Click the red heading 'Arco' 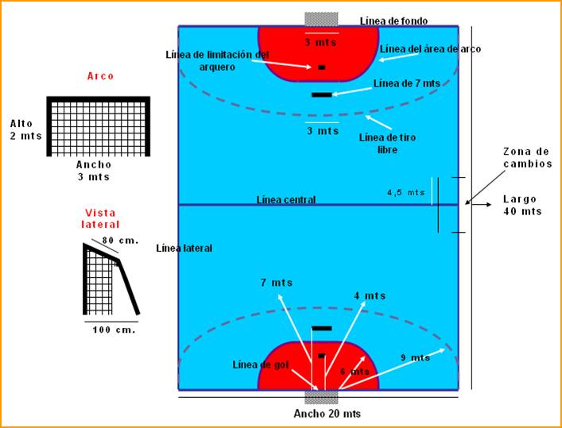(100, 76)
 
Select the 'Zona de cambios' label (527, 157)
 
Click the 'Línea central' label (286, 199)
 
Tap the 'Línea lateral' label (184, 249)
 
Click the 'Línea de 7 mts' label (406, 83)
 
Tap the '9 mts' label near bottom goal (415, 358)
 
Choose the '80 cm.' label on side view (119, 239)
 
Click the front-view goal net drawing (99, 127)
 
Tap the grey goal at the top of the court (321, 18)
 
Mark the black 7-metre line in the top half (322, 94)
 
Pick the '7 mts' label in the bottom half (276, 283)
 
